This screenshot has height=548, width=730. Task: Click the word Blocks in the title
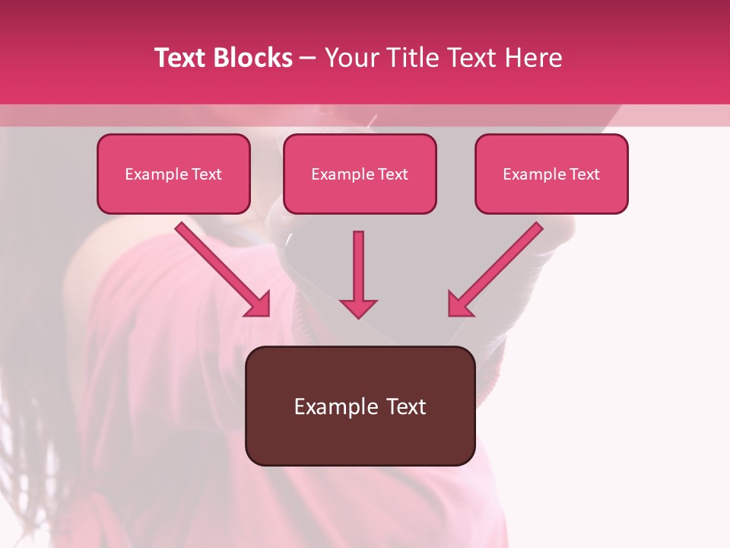coord(253,58)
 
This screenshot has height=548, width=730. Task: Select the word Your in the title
coord(350,58)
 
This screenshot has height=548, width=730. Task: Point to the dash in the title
coord(308,59)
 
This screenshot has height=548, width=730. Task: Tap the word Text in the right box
coord(585,174)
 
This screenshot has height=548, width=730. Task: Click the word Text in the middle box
coord(393,174)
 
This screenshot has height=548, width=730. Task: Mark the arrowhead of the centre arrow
coord(358,307)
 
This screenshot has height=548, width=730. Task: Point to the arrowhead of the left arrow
coord(259,304)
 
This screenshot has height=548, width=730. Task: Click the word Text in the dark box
coord(405,407)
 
